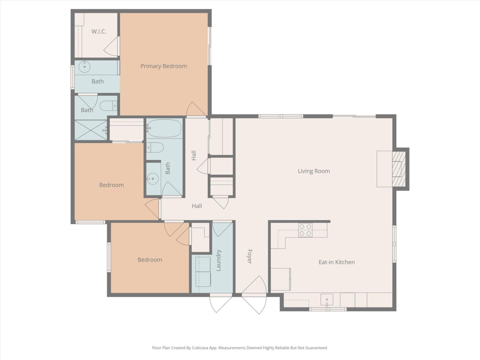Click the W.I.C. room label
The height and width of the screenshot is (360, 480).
(99, 32)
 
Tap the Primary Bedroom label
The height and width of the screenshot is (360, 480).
(164, 66)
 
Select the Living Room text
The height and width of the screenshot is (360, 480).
(314, 171)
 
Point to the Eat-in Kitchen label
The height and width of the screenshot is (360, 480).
(337, 262)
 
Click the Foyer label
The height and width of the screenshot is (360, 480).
(249, 256)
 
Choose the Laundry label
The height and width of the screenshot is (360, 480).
(219, 260)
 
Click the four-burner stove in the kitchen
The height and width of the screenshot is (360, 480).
(305, 230)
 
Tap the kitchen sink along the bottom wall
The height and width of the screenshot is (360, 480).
(327, 300)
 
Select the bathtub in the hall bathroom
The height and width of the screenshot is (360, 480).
(164, 129)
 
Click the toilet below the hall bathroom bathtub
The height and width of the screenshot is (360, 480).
(155, 147)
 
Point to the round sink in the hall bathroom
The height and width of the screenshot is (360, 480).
(153, 179)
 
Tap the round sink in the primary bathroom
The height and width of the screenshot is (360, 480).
(84, 67)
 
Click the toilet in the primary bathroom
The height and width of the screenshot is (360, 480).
(108, 106)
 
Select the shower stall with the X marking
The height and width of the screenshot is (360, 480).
(90, 130)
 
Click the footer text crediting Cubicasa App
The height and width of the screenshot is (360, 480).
(240, 348)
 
